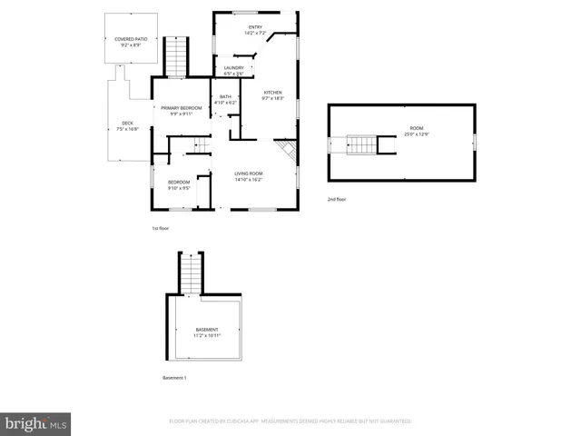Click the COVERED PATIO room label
[131, 40]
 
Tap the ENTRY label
[255, 27]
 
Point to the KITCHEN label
[273, 93]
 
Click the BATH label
[225, 97]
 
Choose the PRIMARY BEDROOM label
[182, 108]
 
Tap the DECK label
[128, 124]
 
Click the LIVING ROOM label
[248, 173]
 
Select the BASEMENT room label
[207, 330]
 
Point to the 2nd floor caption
[337, 199]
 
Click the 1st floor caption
[161, 228]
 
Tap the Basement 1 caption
[174, 378]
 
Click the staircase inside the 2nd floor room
[363, 144]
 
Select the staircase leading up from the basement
[191, 272]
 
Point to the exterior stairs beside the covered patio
[175, 56]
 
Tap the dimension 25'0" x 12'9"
[417, 134]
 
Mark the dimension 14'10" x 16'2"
[248, 180]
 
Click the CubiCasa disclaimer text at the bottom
[290, 421]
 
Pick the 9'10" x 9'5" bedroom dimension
[179, 188]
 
